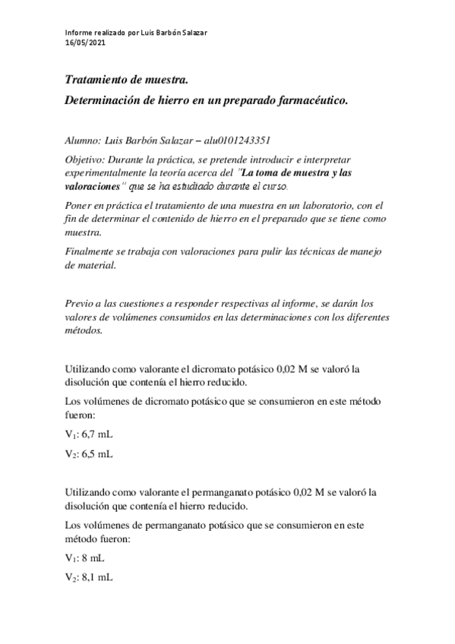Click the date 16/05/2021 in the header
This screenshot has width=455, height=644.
point(85,43)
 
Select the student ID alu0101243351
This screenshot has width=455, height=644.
point(235,140)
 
